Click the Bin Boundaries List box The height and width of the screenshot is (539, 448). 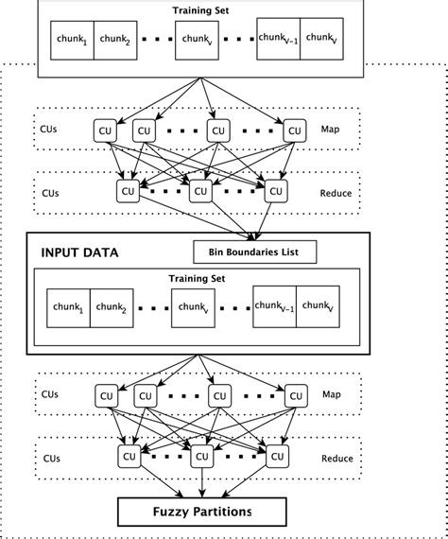click(254, 252)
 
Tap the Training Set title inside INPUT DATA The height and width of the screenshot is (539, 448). click(198, 279)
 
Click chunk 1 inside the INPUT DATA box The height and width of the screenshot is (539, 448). click(69, 308)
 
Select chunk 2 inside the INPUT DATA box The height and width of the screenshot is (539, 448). click(113, 308)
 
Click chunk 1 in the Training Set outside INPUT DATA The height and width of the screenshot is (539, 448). click(72, 42)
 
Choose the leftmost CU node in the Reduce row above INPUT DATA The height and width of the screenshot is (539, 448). click(128, 191)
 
